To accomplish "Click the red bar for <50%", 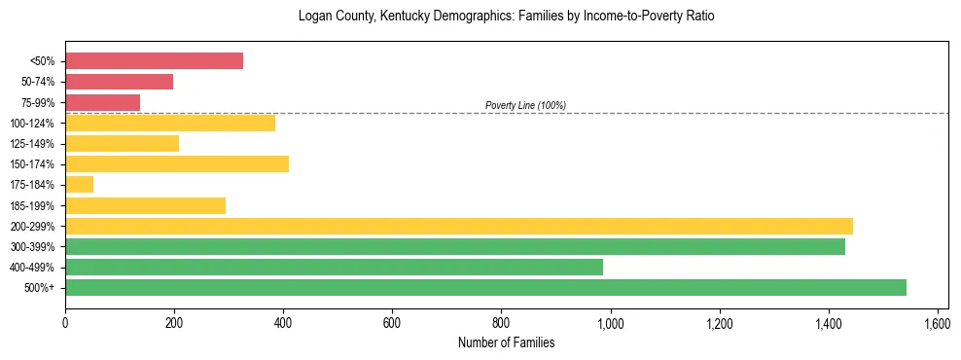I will coord(154,61).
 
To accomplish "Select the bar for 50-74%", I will coord(119,82).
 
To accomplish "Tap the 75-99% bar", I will coord(102,102).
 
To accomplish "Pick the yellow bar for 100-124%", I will coord(170,123).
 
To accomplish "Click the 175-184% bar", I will coord(79,185).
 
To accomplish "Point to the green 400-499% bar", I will coord(334,267).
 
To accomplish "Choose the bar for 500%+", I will coord(485,287).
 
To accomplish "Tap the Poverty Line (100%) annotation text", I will coord(525,105).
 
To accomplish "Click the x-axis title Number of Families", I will coord(506,342).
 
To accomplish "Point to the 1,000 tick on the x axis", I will coord(611,322).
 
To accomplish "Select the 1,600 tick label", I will coord(938,322).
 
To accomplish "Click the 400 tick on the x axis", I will coord(283,322).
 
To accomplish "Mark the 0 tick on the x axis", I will coord(65,322).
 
